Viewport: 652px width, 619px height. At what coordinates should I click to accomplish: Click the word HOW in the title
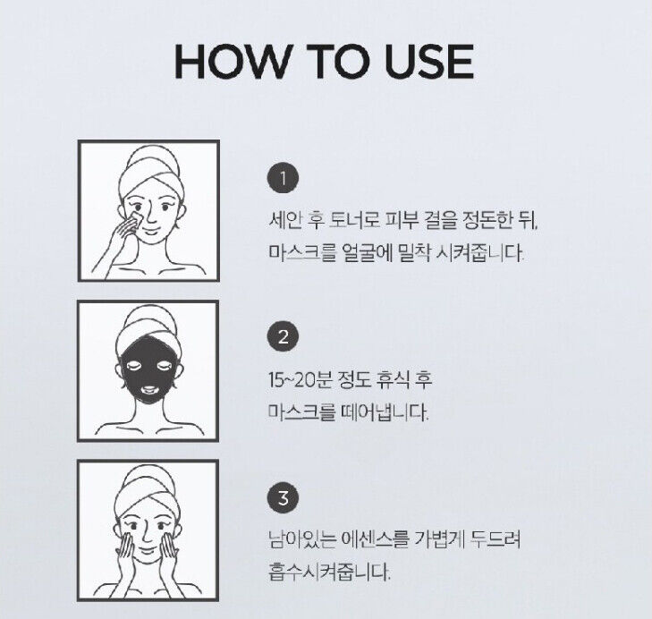231,62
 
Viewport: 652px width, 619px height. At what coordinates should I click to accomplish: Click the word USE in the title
429,62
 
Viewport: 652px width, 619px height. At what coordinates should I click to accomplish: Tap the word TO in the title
338,62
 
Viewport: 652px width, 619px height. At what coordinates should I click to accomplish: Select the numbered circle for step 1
283,179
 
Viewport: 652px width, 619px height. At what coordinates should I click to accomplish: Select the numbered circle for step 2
283,336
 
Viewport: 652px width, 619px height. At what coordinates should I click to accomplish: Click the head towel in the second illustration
148,328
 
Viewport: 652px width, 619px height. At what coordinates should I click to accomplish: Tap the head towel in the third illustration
148,488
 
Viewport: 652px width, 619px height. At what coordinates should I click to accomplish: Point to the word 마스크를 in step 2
301,412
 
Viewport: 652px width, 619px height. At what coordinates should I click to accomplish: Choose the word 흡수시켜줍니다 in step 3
330,572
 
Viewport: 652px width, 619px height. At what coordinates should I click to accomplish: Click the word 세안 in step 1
284,220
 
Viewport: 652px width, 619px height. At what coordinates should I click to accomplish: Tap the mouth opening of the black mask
148,390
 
